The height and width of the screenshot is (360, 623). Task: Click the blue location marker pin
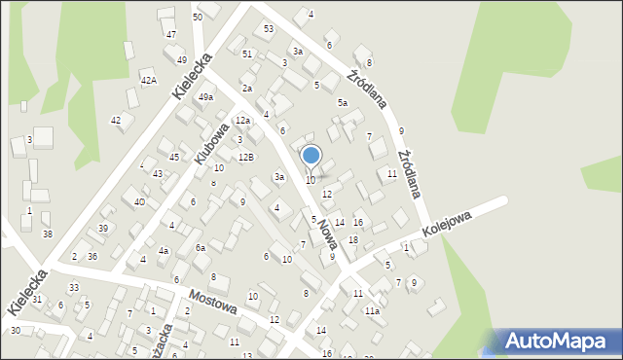[x=311, y=156]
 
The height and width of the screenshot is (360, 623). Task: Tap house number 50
[x=198, y=18]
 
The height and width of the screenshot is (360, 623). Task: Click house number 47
[x=170, y=34]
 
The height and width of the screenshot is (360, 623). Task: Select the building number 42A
[x=148, y=81]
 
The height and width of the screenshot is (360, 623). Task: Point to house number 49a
[x=205, y=97]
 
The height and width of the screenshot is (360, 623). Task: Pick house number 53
[x=269, y=28]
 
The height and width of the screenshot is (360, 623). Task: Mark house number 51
[x=247, y=54]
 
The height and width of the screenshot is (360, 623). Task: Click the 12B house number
[x=246, y=157]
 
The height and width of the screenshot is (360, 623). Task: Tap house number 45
[x=173, y=157]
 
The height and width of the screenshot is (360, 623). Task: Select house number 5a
[x=342, y=102]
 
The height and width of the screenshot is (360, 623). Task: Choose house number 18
[x=353, y=239]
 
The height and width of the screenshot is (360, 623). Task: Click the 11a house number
[x=371, y=310]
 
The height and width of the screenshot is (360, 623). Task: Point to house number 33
[x=74, y=287]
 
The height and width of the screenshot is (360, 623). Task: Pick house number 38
[x=47, y=234]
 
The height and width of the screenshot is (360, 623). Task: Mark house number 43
[x=157, y=173]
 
